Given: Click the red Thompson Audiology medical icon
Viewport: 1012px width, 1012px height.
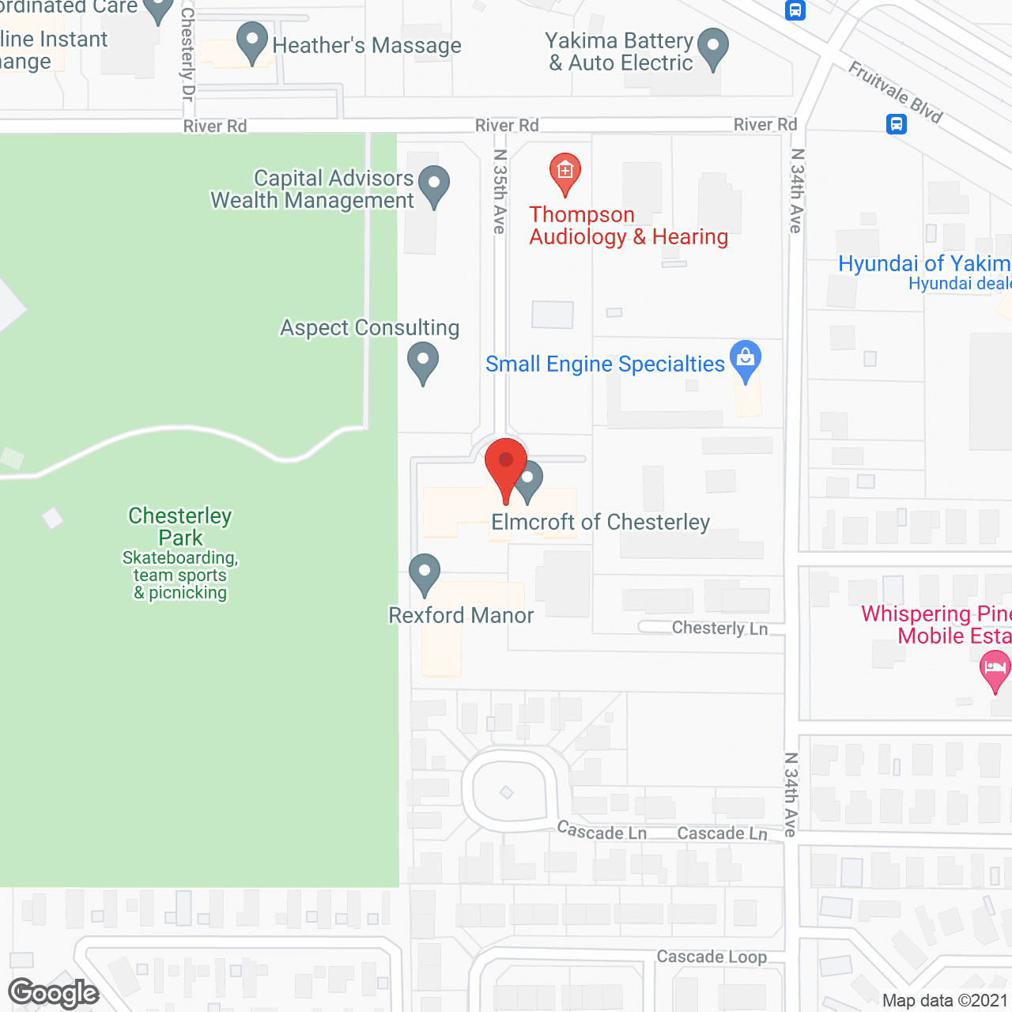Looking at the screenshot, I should point(565,172).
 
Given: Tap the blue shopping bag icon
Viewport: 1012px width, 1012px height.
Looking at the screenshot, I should point(745,359).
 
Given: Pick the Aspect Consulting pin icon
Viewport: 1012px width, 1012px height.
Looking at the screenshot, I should point(423,361).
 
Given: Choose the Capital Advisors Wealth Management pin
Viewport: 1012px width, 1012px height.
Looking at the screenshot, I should point(433,185).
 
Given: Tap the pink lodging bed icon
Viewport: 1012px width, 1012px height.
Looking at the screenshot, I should point(995,669).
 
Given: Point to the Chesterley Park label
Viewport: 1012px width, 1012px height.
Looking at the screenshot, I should point(180,527).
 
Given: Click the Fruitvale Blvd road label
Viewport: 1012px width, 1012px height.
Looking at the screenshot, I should point(896,93).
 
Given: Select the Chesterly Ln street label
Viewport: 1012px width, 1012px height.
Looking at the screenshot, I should point(719,628).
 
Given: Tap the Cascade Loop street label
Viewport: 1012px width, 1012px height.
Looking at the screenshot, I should point(712,957).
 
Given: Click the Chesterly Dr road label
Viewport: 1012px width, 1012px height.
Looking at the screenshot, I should point(187,54).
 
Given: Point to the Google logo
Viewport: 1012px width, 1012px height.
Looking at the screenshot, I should point(54,993).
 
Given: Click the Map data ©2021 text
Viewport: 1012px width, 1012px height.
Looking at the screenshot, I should point(945,1000).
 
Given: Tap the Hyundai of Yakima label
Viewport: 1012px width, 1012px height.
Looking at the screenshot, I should point(924,263).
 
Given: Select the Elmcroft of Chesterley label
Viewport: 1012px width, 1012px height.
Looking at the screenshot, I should point(601,522).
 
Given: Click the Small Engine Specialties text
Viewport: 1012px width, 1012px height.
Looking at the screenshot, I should point(605,364).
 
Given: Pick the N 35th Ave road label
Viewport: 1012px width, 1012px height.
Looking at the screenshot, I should point(500,191).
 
